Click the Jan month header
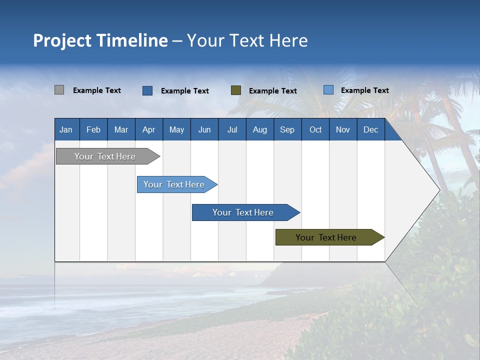point(66,129)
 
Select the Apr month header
point(149,129)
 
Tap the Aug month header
point(260,129)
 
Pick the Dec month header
point(371,129)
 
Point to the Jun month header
point(204,129)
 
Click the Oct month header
point(315,129)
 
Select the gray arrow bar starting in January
point(105,156)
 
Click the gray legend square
point(59,90)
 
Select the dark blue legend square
point(147,90)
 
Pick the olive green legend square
point(236,90)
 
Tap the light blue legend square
point(328,90)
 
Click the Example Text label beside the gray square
point(97,90)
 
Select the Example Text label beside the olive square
point(273,91)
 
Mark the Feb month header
point(93,129)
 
